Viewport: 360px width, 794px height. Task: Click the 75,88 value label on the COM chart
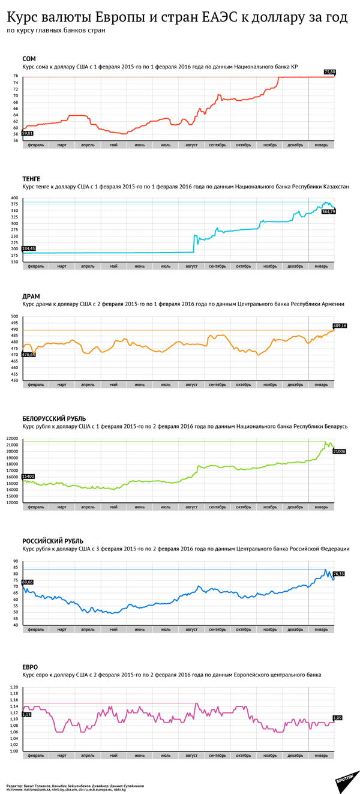tap(329, 72)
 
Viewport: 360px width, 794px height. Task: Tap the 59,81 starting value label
tap(27, 133)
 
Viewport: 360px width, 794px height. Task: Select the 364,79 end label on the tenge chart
tap(329, 211)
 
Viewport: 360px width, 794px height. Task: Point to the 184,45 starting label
tap(28, 248)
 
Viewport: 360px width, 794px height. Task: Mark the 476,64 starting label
tap(28, 355)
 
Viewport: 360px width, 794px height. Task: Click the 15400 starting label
tap(28, 476)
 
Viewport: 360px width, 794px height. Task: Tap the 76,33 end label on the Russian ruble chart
tap(338, 574)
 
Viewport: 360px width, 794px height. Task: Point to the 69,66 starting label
tap(27, 582)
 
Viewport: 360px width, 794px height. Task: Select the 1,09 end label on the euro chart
tap(338, 718)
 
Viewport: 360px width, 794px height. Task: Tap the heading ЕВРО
tap(30, 667)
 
